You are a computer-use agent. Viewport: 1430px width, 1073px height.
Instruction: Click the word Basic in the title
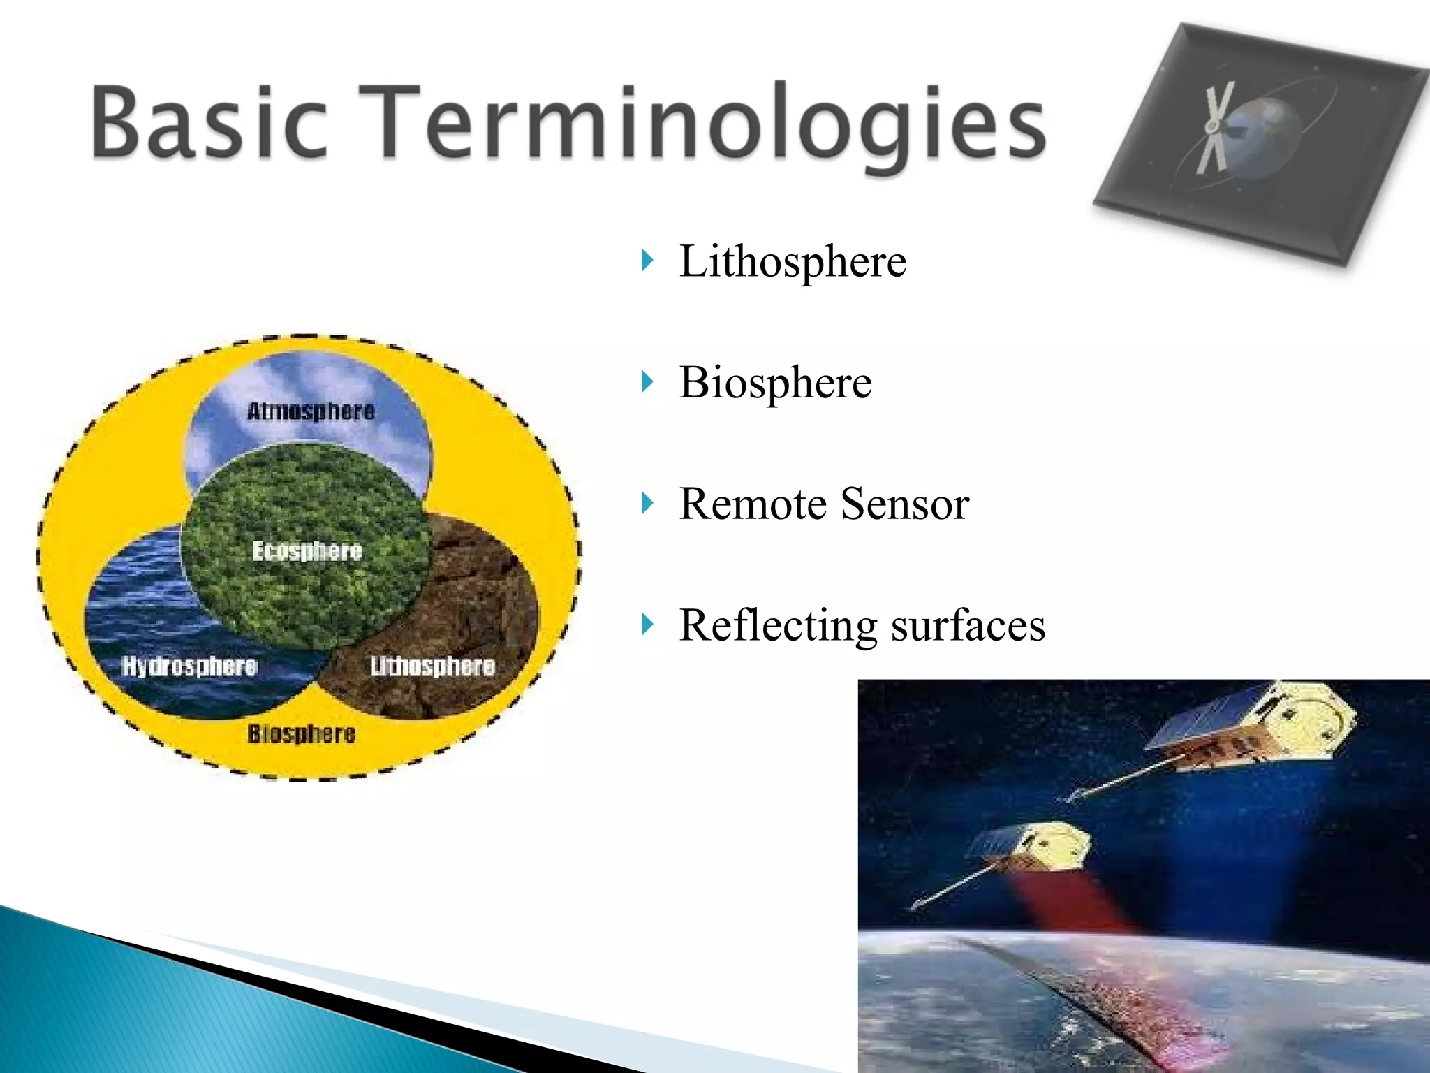(x=209, y=120)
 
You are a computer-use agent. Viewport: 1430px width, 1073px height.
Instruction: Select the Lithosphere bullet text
(x=793, y=261)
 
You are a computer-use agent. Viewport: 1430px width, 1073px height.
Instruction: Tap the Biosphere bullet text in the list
(x=775, y=383)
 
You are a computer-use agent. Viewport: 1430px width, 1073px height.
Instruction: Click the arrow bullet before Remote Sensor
(x=647, y=503)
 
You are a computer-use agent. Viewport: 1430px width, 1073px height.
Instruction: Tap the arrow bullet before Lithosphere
(x=647, y=261)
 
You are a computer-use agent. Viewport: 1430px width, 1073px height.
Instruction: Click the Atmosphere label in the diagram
(x=311, y=411)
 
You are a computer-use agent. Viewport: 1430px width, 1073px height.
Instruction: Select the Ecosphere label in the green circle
(x=307, y=550)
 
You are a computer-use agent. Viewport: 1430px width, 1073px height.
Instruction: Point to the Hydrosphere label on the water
(x=190, y=666)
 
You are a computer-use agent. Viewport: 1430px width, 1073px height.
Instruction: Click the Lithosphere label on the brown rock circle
(x=432, y=666)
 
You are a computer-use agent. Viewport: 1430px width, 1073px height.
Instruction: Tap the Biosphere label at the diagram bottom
(x=301, y=733)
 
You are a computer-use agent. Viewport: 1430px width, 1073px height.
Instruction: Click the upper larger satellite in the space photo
(x=1250, y=730)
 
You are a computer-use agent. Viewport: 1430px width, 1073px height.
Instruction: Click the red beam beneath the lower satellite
(x=1068, y=901)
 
